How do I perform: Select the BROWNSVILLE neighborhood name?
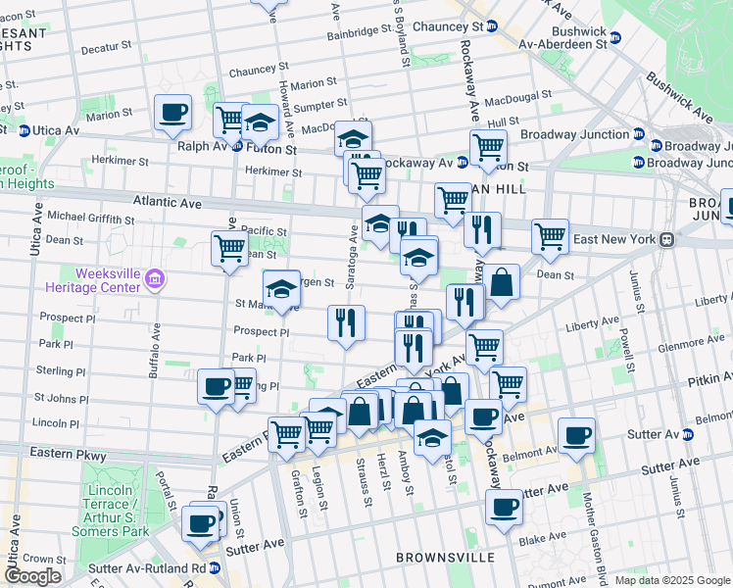coord(441,557)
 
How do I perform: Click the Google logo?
coord(32,576)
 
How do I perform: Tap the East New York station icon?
coord(666,239)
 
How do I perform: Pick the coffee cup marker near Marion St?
coord(173,112)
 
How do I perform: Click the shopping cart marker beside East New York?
coord(550,235)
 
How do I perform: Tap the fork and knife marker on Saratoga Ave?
coord(345,322)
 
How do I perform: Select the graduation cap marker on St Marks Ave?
coord(281,287)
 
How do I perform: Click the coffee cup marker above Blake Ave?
coord(504,507)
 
